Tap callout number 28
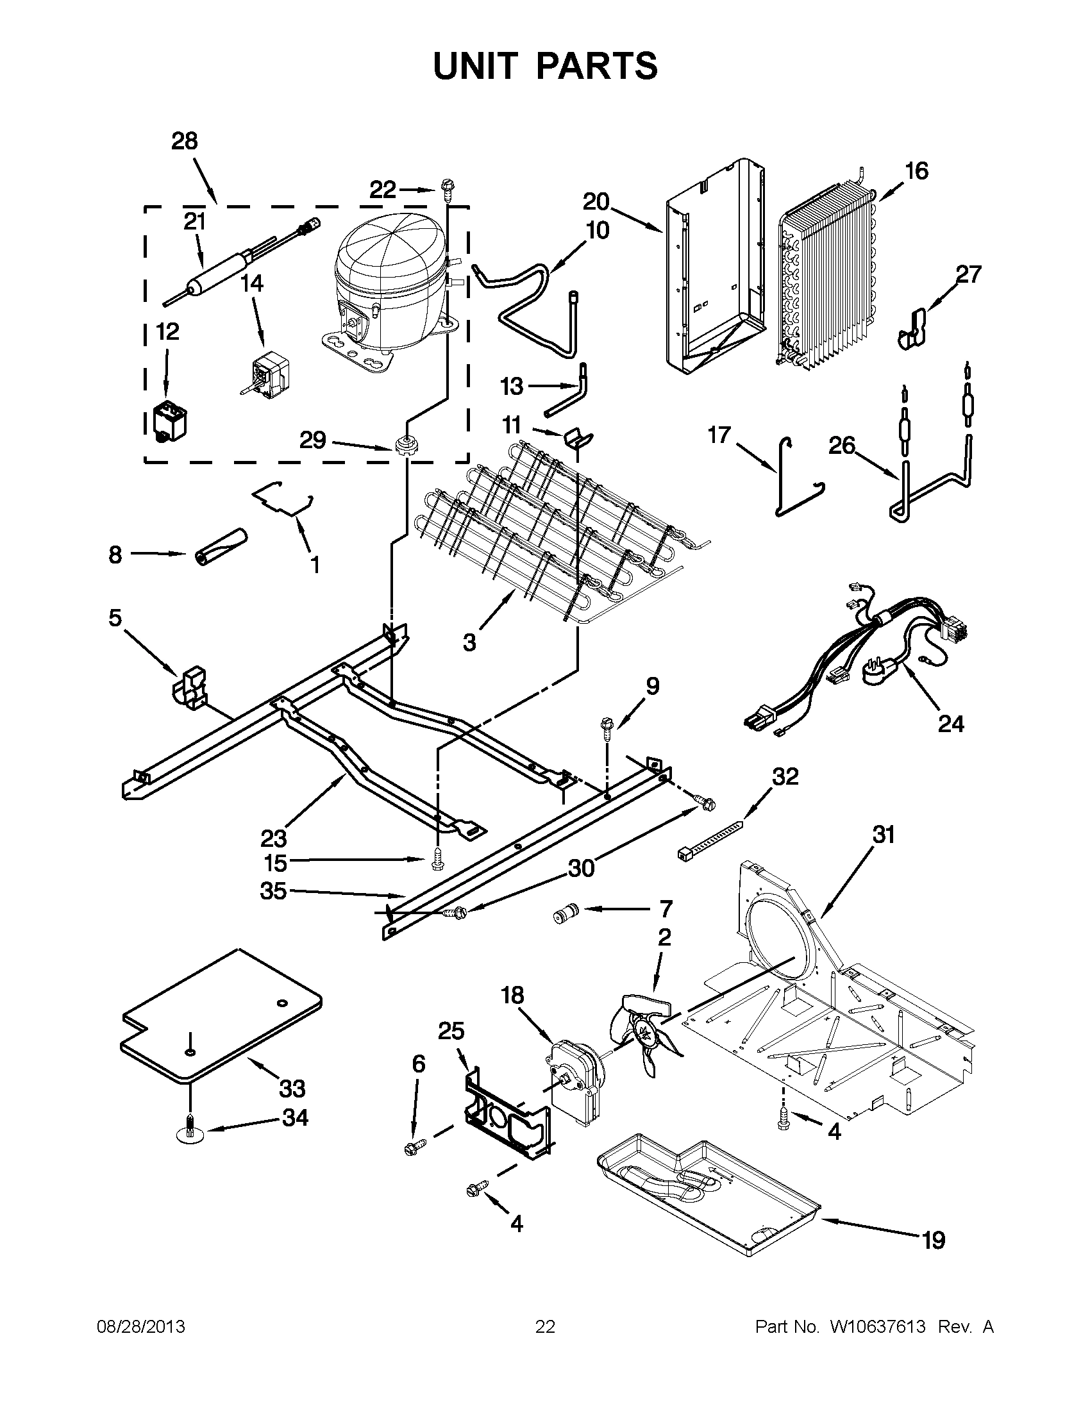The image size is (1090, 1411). pos(184,141)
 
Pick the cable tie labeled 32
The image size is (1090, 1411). pos(710,840)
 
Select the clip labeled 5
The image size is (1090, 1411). pos(191,689)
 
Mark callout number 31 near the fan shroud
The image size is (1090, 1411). pos(884,835)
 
